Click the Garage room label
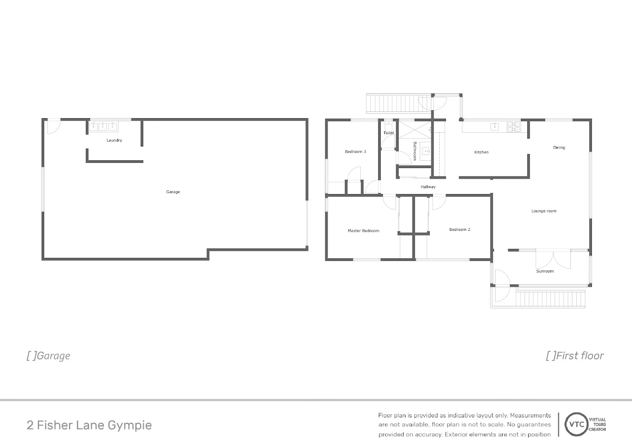point(173,192)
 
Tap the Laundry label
point(114,140)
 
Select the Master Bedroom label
point(363,231)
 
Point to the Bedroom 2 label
point(460,229)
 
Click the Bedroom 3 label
point(355,152)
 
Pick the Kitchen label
point(481,152)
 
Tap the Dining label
point(559,148)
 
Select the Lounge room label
point(544,211)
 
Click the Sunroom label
point(545,271)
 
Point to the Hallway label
point(428,187)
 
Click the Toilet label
point(389,133)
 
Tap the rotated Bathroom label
point(415,151)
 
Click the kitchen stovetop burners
point(513,127)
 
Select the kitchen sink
point(495,127)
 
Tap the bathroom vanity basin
point(425,151)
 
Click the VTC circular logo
point(576,424)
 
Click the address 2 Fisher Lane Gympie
point(89,425)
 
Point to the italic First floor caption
point(575,355)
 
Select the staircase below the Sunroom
point(550,299)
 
